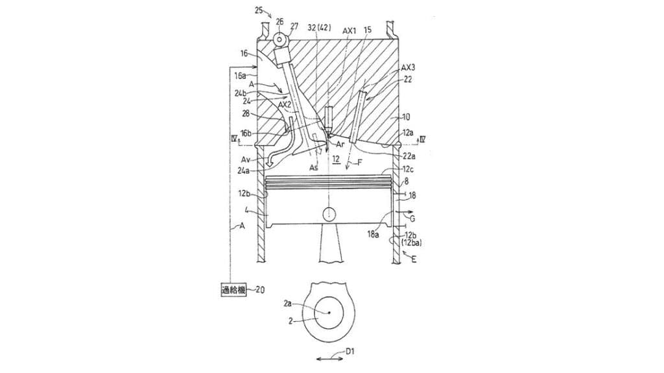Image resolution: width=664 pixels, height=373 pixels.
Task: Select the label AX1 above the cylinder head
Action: click(349, 30)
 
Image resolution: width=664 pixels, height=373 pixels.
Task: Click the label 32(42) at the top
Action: click(320, 30)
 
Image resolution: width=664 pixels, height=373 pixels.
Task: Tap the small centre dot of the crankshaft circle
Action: click(329, 313)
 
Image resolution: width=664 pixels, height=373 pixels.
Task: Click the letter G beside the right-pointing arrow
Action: click(412, 219)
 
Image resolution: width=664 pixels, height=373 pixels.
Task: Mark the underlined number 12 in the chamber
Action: click(335, 159)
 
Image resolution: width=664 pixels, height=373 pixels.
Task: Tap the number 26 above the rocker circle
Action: click(279, 22)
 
